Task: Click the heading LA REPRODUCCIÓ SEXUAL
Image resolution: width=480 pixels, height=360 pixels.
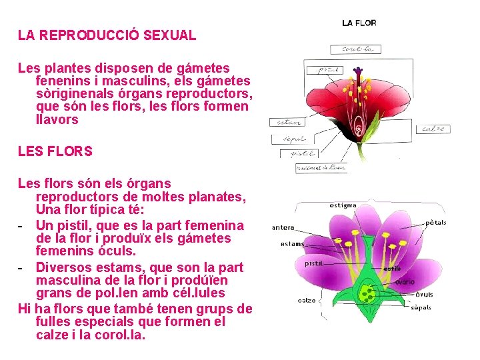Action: pos(107,35)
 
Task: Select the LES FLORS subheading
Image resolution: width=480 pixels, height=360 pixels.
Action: pos(55,151)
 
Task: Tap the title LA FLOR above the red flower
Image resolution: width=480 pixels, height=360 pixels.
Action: pos(359,23)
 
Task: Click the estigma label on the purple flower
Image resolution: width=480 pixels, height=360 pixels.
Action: pos(343,205)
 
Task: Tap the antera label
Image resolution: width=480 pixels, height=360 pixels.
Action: pos(283,227)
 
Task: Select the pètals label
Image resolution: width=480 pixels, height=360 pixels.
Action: pos(436,222)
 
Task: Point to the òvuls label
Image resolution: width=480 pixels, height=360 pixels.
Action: pos(423,294)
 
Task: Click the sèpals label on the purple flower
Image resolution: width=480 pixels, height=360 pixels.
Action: pos(421,307)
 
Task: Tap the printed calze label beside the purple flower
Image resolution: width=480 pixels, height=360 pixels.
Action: pos(307,301)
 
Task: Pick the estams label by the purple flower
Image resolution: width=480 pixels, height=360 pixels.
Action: pos(292,244)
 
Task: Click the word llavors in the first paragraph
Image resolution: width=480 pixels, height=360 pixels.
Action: pos(57,120)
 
